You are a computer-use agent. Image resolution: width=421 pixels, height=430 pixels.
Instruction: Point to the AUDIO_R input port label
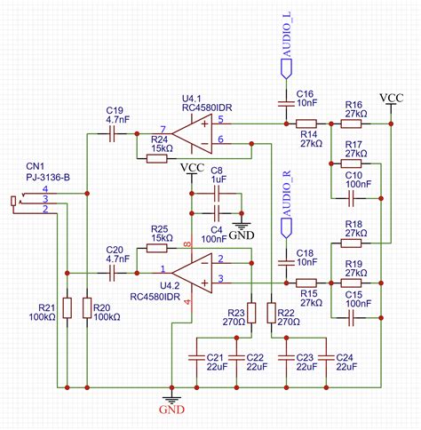pos(286,201)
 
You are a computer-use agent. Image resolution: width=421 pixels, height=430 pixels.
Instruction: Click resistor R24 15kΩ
pos(160,157)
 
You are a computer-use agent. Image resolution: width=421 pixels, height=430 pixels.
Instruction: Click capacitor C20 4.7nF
pos(114,274)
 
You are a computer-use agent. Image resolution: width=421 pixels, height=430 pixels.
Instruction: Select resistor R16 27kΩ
pos(353,125)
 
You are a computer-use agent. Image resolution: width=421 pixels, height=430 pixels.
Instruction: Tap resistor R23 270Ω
pos(252,313)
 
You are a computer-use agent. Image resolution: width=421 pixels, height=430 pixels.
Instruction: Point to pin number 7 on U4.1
pos(163,128)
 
